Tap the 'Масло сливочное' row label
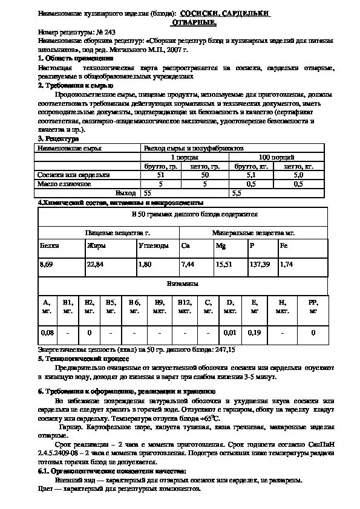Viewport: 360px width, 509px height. (64, 183)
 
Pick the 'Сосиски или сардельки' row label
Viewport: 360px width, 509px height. (73, 175)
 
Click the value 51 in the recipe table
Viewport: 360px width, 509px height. (160, 175)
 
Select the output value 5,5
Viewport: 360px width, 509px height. (237, 192)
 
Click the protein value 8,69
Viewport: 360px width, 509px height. (46, 265)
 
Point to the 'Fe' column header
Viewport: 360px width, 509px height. (284, 246)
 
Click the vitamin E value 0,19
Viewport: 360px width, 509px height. (254, 332)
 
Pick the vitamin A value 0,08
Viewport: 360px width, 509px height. (47, 332)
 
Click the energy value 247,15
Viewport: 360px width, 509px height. (224, 349)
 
